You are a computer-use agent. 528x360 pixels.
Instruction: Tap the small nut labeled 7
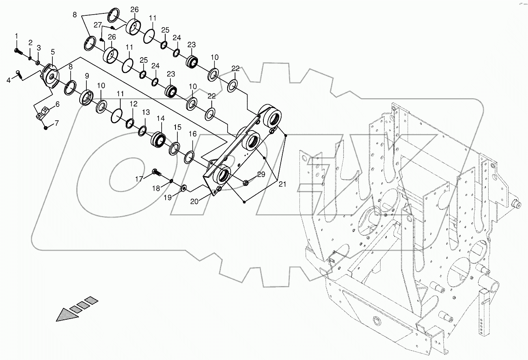pyautogui.click(x=46, y=127)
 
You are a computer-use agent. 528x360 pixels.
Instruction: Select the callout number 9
pyautogui.click(x=86, y=76)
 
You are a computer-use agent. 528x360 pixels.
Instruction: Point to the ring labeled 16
pyautogui.click(x=189, y=157)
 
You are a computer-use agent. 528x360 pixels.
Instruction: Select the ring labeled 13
pyautogui.click(x=142, y=130)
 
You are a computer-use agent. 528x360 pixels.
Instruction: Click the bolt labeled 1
pyautogui.click(x=17, y=50)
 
